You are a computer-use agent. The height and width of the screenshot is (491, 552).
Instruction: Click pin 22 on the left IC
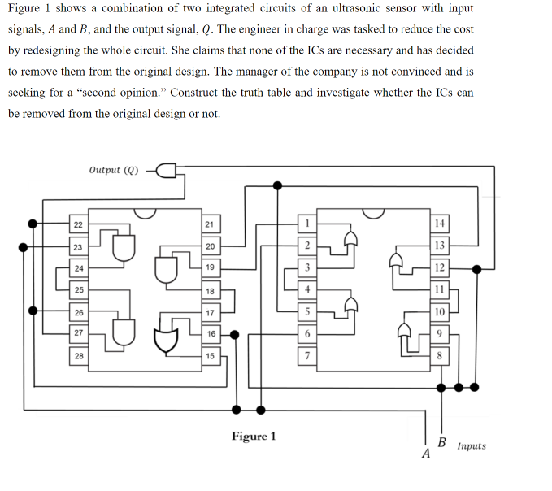click(x=77, y=224)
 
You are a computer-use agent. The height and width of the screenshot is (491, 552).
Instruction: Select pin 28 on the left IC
click(x=77, y=355)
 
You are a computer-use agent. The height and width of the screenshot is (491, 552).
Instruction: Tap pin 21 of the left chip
click(x=209, y=224)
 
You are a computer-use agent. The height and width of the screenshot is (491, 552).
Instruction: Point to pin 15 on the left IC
click(x=209, y=355)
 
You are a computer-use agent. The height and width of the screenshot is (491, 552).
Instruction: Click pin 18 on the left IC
click(x=209, y=290)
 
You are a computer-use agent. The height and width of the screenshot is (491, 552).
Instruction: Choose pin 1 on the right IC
click(x=307, y=224)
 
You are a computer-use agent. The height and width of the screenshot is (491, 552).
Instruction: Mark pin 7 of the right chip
click(x=307, y=355)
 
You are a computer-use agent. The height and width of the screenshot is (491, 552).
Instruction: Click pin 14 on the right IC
click(x=439, y=224)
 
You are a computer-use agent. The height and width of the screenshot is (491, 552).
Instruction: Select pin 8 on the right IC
click(x=439, y=355)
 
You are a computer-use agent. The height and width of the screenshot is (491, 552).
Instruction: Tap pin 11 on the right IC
click(x=439, y=289)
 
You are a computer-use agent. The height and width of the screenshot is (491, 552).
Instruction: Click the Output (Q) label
click(x=114, y=170)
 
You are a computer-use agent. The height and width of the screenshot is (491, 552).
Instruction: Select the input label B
click(x=442, y=442)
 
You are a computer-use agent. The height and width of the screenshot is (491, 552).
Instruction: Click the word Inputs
click(x=472, y=446)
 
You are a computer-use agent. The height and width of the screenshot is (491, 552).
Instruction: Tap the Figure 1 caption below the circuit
click(x=254, y=437)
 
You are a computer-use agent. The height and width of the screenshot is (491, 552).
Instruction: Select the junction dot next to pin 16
click(x=235, y=334)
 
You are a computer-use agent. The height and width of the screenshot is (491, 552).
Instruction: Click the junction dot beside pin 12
click(x=477, y=267)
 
